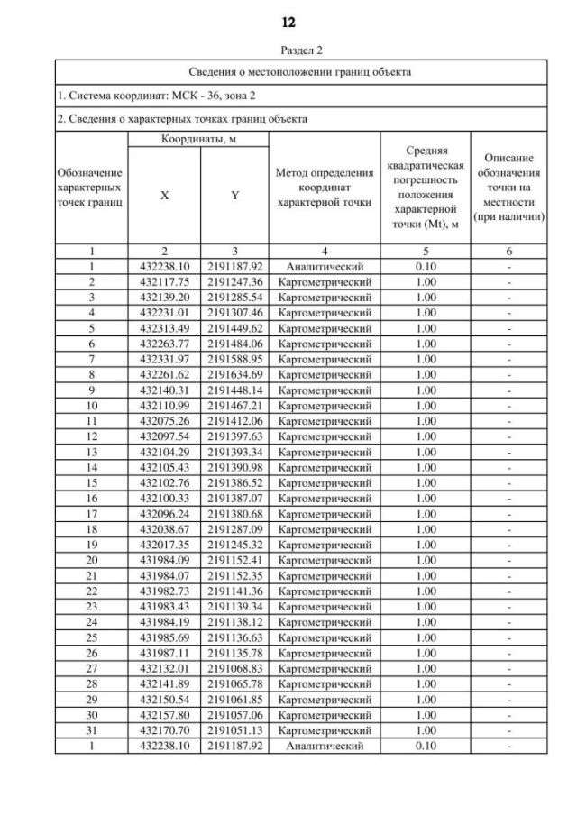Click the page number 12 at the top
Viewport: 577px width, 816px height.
(288, 22)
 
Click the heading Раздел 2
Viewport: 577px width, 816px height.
(288, 50)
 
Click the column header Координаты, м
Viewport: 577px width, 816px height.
(198, 140)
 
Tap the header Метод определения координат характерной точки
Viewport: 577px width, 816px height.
(325, 188)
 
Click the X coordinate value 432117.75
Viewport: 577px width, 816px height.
(164, 282)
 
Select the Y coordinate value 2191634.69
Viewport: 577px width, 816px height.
(234, 374)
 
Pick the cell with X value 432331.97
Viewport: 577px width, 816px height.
(164, 359)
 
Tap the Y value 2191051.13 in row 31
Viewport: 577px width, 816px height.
(234, 731)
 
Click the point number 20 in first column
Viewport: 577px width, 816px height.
(92, 561)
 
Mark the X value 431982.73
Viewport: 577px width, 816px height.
(164, 591)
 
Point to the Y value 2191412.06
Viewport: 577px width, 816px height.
(234, 421)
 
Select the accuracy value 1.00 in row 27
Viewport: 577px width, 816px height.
(426, 669)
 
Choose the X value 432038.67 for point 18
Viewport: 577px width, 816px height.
(164, 530)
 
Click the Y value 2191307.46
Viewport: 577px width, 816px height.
(234, 313)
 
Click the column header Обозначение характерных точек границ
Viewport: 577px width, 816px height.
(92, 188)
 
